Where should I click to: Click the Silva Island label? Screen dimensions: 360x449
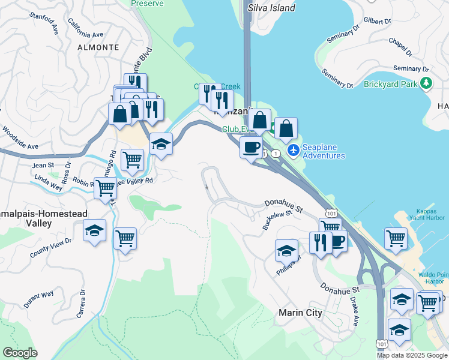coord(271,8)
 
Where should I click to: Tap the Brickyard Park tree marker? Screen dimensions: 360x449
coord(426,83)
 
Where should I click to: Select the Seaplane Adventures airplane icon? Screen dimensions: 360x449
coord(293,150)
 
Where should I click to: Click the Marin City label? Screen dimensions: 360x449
coord(301,313)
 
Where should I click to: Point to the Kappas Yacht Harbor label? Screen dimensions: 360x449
coord(430,214)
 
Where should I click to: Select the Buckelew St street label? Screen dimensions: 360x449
coord(277,220)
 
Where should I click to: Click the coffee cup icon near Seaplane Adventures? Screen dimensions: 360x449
coord(250,146)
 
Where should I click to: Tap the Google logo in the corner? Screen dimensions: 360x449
coord(20,353)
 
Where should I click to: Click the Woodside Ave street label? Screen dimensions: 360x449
coord(19,139)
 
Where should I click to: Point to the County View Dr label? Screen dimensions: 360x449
coord(50,248)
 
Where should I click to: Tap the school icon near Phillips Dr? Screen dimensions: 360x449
coord(286,250)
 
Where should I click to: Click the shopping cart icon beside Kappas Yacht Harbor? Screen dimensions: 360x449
coord(395,238)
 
